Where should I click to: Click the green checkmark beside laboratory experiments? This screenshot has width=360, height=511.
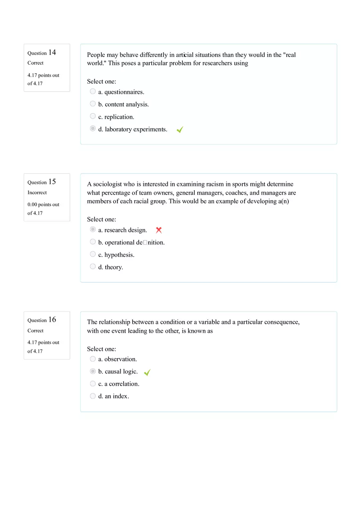[180, 129]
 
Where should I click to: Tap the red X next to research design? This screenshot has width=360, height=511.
[159, 230]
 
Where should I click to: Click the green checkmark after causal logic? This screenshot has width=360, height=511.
[147, 372]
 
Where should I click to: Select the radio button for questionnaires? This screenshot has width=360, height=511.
[93, 91]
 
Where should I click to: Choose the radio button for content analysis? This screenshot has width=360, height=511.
[93, 104]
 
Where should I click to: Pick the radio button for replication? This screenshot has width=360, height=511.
[93, 116]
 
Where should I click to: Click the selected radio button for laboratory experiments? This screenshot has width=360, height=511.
[93, 129]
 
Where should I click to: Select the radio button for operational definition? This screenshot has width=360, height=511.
[93, 242]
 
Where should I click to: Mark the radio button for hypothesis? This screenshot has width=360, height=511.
[93, 254]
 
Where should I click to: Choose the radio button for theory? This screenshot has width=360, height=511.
[93, 266]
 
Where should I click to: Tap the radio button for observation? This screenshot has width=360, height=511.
[93, 359]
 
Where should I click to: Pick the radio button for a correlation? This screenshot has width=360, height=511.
[93, 384]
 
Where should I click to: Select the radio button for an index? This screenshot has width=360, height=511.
[93, 396]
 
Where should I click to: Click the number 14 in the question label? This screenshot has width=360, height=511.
[52, 52]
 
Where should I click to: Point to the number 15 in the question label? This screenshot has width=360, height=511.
[52, 182]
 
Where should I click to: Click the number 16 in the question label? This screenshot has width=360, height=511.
[52, 320]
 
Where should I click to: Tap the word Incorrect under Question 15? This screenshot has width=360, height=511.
[37, 193]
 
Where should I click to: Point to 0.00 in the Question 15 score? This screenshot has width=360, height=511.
[32, 204]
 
